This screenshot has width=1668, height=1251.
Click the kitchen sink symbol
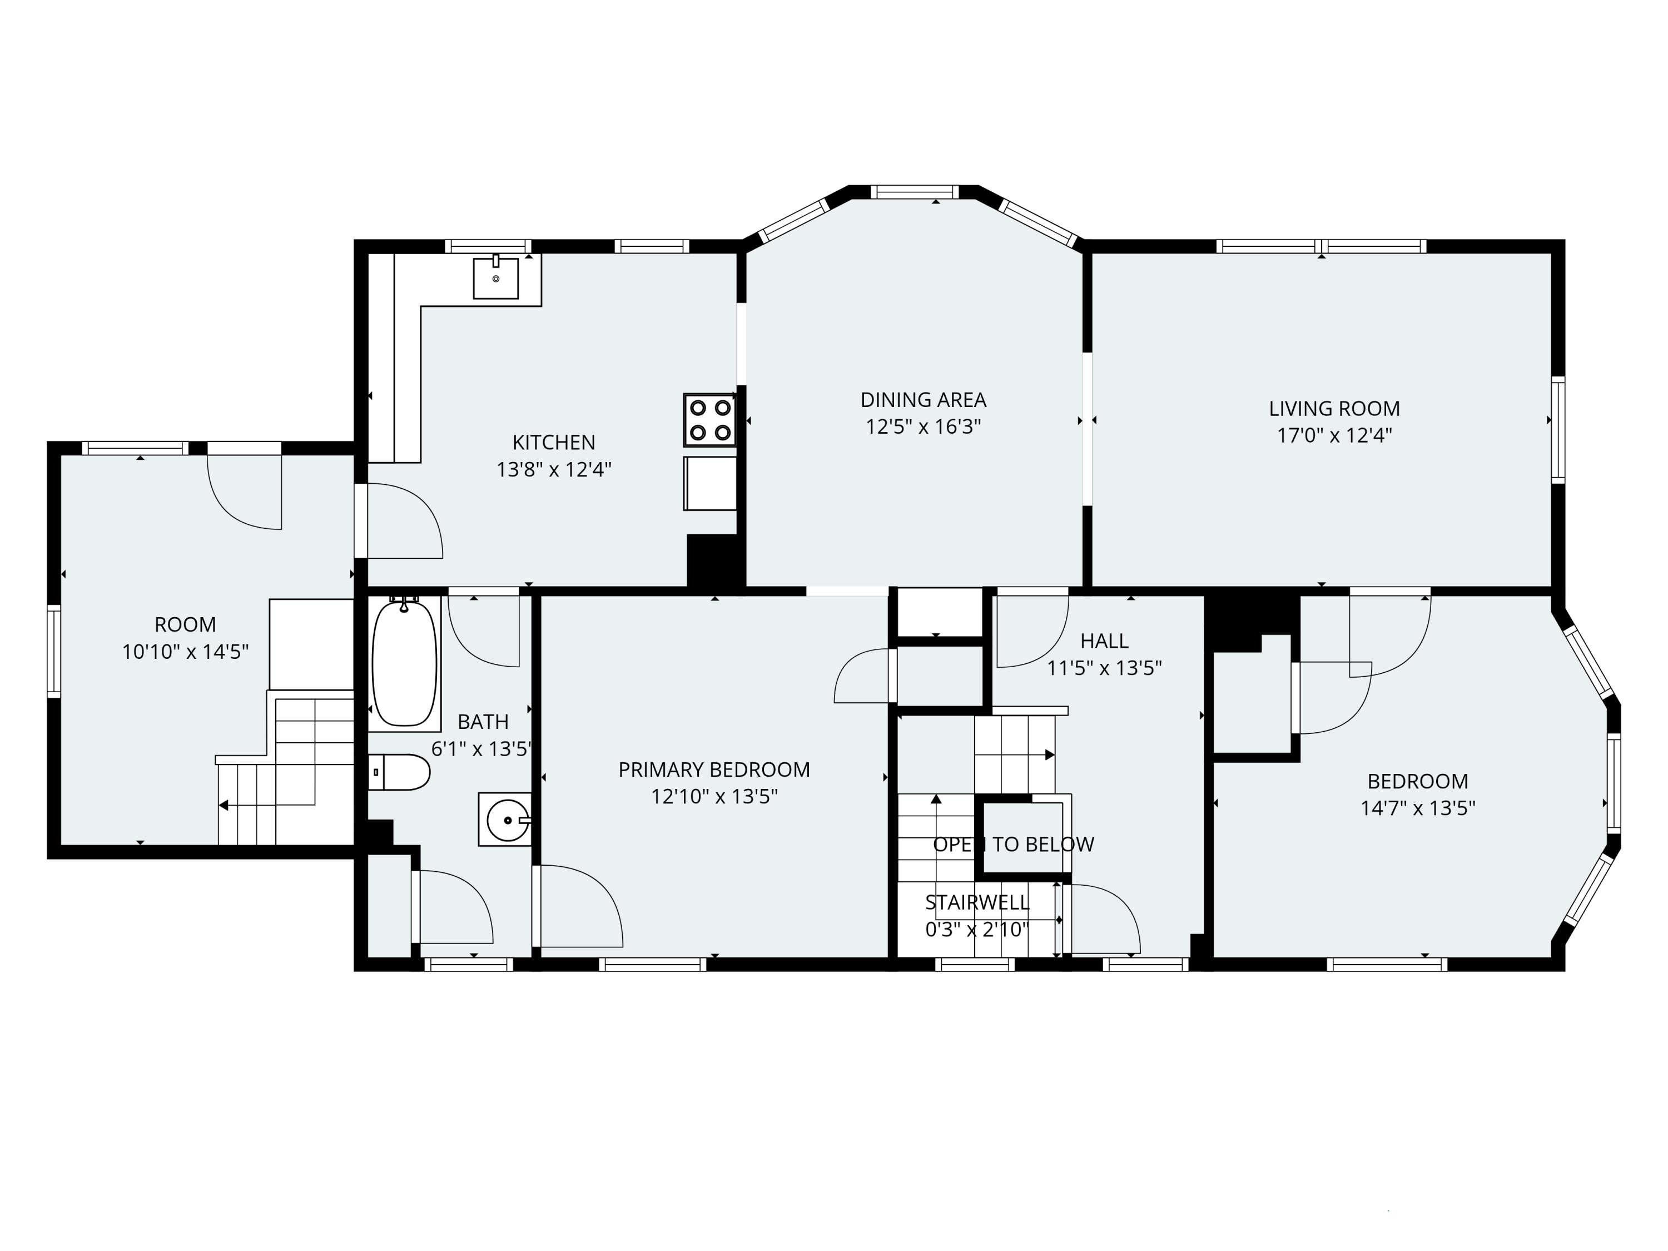495,278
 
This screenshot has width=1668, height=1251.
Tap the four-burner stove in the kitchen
709,420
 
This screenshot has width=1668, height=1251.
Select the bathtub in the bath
404,663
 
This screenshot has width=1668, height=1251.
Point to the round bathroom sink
507,820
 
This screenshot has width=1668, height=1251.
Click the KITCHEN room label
553,443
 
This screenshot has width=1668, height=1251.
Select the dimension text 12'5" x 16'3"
923,427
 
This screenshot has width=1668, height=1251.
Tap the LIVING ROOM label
1334,409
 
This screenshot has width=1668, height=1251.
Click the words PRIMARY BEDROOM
713,770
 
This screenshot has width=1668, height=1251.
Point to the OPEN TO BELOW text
1012,845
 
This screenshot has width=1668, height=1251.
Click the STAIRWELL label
976,902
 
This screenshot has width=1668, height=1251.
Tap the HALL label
1104,641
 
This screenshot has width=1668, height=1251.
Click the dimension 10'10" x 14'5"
186,652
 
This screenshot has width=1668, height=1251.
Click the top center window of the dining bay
914,191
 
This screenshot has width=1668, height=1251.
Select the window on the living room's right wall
1558,430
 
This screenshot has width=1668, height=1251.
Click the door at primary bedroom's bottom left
577,907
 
